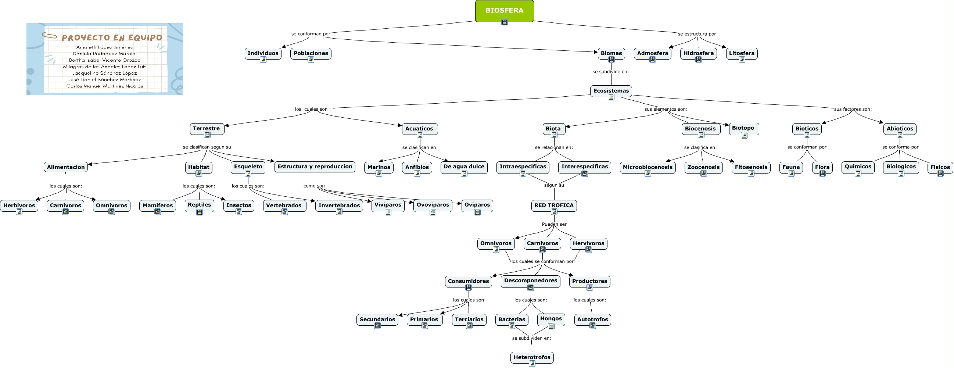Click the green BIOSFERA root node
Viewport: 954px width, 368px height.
pyautogui.click(x=504, y=11)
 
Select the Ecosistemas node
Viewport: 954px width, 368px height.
pyautogui.click(x=611, y=91)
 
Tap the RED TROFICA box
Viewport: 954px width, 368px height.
pyautogui.click(x=554, y=205)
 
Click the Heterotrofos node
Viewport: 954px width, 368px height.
pyautogui.click(x=532, y=357)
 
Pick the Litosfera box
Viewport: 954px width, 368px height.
pyautogui.click(x=742, y=53)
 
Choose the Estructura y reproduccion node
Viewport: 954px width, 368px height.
pyautogui.click(x=315, y=167)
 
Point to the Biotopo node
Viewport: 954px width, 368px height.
pyautogui.click(x=743, y=128)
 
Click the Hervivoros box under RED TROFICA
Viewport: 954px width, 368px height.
pyautogui.click(x=588, y=243)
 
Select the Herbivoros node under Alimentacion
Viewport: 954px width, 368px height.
pyautogui.click(x=19, y=205)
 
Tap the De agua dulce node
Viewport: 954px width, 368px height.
pyautogui.click(x=464, y=167)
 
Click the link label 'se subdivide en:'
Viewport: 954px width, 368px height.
pyautogui.click(x=610, y=72)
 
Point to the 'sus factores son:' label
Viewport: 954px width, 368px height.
pyautogui.click(x=853, y=109)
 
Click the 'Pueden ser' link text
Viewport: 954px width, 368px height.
pyautogui.click(x=554, y=224)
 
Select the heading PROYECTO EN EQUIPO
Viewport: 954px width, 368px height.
pyautogui.click(x=112, y=38)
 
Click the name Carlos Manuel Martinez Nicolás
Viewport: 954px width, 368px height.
pyautogui.click(x=104, y=86)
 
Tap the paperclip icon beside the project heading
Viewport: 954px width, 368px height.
pyautogui.click(x=49, y=36)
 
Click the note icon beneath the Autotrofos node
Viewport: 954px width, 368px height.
pyautogui.click(x=592, y=326)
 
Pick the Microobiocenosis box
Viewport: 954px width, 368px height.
pyautogui.click(x=648, y=167)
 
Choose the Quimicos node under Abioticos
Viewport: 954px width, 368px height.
pyautogui.click(x=858, y=167)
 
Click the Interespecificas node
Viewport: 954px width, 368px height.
pyautogui.click(x=584, y=167)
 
